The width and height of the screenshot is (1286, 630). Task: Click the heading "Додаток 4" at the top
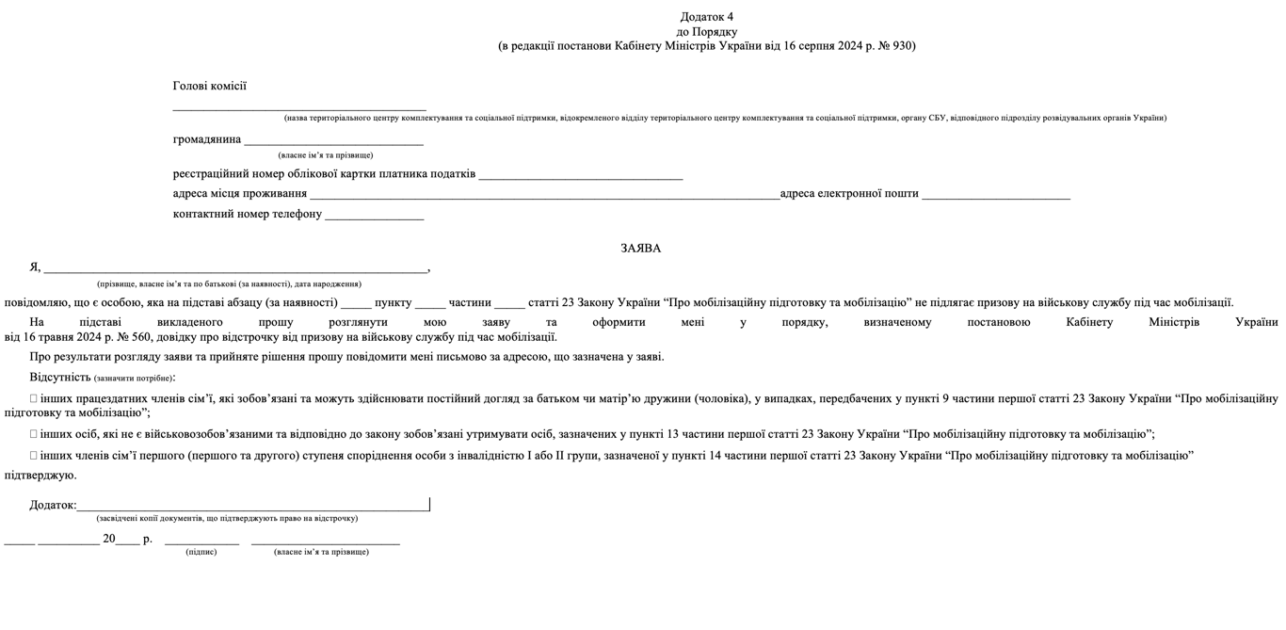[706, 17]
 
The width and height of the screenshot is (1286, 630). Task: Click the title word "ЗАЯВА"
[640, 249]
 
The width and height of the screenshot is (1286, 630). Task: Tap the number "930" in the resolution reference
[900, 45]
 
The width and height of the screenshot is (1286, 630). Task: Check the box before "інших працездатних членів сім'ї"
[34, 398]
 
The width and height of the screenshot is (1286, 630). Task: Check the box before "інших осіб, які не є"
[34, 434]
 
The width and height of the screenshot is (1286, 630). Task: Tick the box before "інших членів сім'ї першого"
[34, 456]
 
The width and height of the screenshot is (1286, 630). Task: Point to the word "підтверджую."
[40, 476]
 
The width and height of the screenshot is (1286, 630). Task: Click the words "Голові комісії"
[209, 86]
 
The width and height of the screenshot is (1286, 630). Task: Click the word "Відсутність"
[60, 377]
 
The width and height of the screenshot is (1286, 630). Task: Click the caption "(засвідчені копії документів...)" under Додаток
[227, 518]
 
